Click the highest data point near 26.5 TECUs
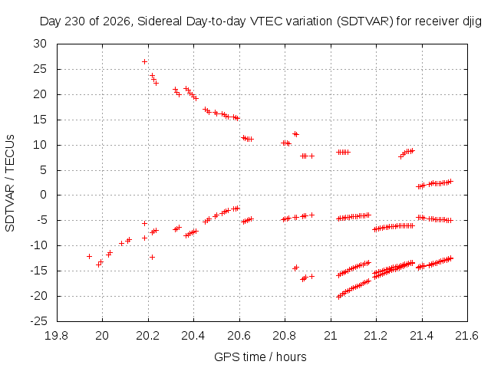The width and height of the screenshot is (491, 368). [x=144, y=61]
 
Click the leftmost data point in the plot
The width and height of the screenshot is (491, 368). [x=89, y=256]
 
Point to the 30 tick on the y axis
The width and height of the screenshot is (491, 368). [x=58, y=44]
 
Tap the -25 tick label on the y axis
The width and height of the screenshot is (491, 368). [x=38, y=321]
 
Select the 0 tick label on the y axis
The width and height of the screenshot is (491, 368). [x=43, y=195]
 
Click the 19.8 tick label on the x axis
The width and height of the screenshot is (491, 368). [x=56, y=336]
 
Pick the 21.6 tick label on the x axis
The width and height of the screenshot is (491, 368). [x=467, y=336]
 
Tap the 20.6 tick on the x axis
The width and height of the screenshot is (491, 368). [x=239, y=320]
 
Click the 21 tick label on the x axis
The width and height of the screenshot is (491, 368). [x=331, y=336]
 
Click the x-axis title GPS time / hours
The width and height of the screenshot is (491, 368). [x=260, y=356]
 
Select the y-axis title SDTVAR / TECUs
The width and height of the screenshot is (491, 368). [x=10, y=183]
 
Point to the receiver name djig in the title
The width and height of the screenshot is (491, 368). [x=472, y=22]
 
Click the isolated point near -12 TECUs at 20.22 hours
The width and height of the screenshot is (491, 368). [x=152, y=258]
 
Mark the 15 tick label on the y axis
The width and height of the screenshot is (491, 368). [x=40, y=120]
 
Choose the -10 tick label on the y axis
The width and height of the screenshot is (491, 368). [x=38, y=245]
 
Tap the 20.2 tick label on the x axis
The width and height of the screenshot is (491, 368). [x=148, y=336]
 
